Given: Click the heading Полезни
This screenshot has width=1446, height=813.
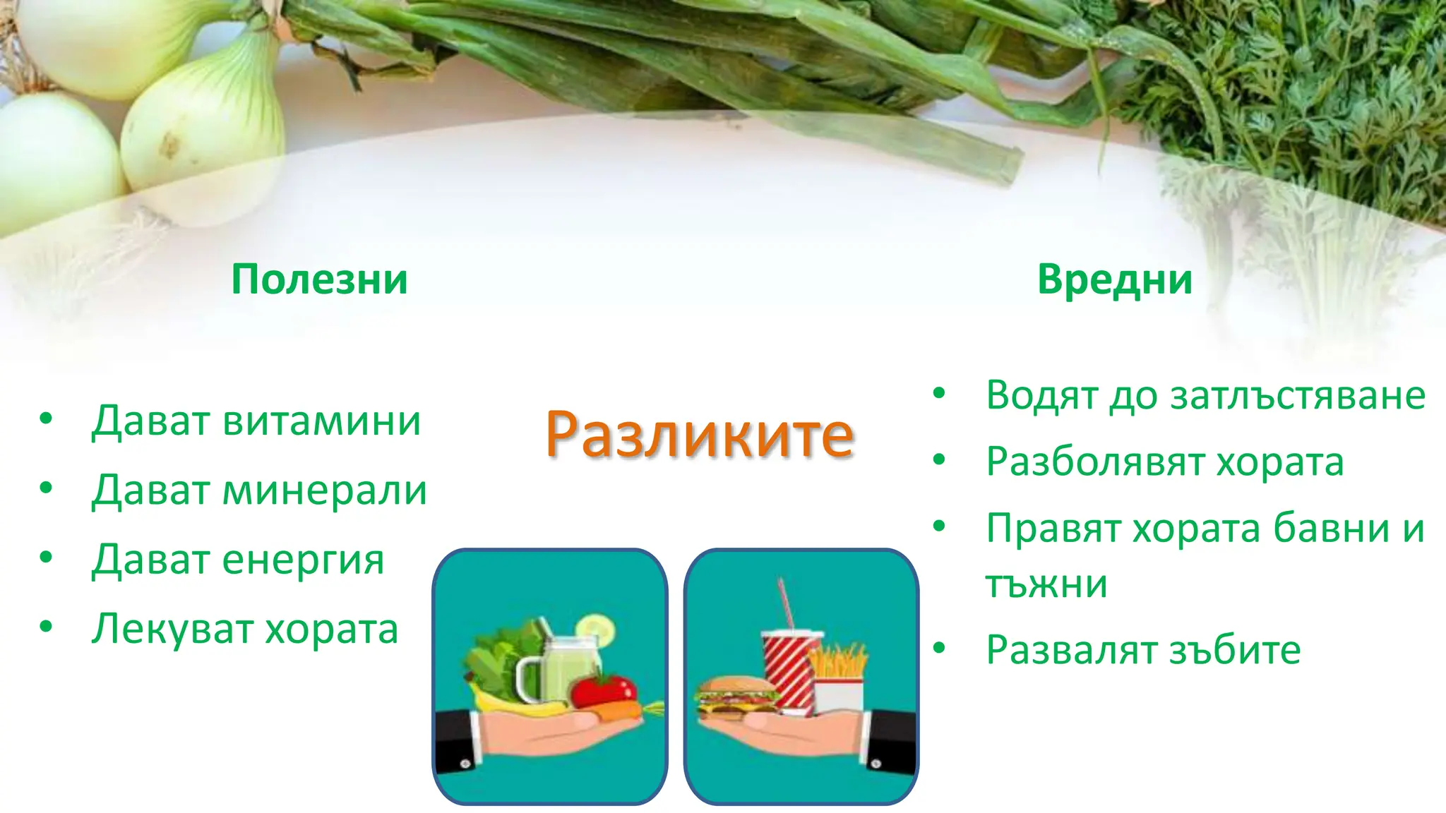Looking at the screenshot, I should point(319,279).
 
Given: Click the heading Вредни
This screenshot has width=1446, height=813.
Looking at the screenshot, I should point(1115,279).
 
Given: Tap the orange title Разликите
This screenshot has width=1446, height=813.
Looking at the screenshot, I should point(699,435).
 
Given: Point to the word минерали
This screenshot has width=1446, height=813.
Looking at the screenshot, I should point(325,490).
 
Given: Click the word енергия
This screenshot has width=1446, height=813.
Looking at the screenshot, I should point(304,561).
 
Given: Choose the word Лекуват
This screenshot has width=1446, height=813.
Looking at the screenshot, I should point(172,629).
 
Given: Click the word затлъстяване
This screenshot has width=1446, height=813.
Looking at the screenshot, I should point(1298,395).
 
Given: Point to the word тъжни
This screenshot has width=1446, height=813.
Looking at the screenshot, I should point(1046,584).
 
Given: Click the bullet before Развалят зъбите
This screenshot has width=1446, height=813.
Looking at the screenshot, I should point(938,648).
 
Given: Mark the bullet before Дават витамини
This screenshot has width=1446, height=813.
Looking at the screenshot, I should point(47,418).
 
